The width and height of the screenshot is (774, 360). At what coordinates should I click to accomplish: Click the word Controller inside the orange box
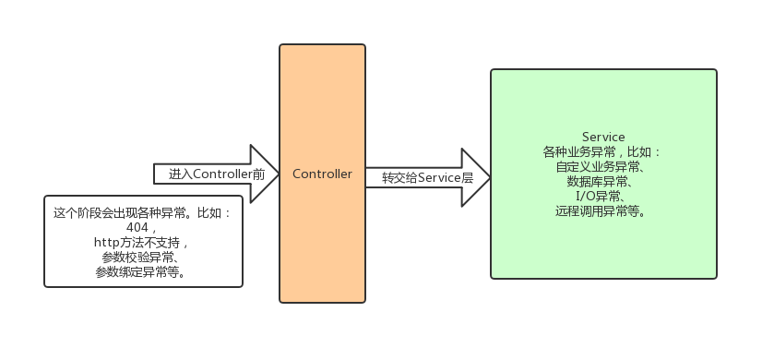(x=322, y=174)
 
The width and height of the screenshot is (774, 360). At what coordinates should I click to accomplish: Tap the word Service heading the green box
(x=603, y=137)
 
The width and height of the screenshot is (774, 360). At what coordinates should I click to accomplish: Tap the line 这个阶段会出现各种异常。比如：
(x=143, y=212)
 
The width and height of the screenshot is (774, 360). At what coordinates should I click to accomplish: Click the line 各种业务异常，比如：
(x=603, y=151)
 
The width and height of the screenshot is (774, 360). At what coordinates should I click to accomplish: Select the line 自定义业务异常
(x=603, y=167)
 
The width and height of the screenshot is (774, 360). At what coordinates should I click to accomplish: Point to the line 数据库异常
(x=603, y=182)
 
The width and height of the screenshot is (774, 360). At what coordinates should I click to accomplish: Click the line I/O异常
(x=603, y=197)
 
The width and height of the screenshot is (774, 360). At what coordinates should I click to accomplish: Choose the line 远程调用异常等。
(x=603, y=211)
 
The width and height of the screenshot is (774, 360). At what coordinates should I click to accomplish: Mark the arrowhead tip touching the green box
(x=489, y=177)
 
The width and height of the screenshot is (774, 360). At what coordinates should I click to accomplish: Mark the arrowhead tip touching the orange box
(x=278, y=174)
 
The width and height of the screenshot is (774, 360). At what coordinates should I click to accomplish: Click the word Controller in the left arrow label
(x=221, y=174)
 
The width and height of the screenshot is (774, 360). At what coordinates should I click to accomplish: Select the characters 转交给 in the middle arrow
(x=399, y=177)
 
